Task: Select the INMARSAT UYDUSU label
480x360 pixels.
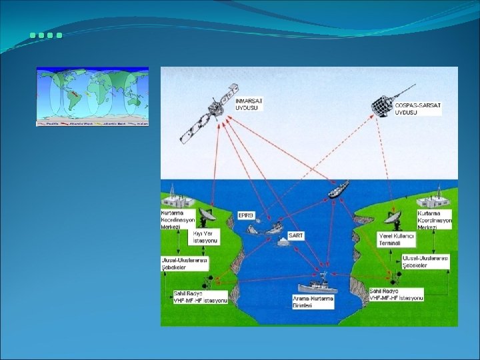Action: click(x=249, y=104)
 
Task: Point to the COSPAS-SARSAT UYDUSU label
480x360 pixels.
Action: click(x=417, y=109)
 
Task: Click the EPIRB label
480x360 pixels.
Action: click(x=246, y=215)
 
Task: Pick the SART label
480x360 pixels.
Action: click(x=295, y=236)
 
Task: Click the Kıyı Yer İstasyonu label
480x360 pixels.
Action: click(x=206, y=237)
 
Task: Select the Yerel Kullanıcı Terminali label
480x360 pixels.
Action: click(x=396, y=240)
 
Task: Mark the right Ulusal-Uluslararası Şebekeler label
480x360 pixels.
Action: click(x=425, y=261)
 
